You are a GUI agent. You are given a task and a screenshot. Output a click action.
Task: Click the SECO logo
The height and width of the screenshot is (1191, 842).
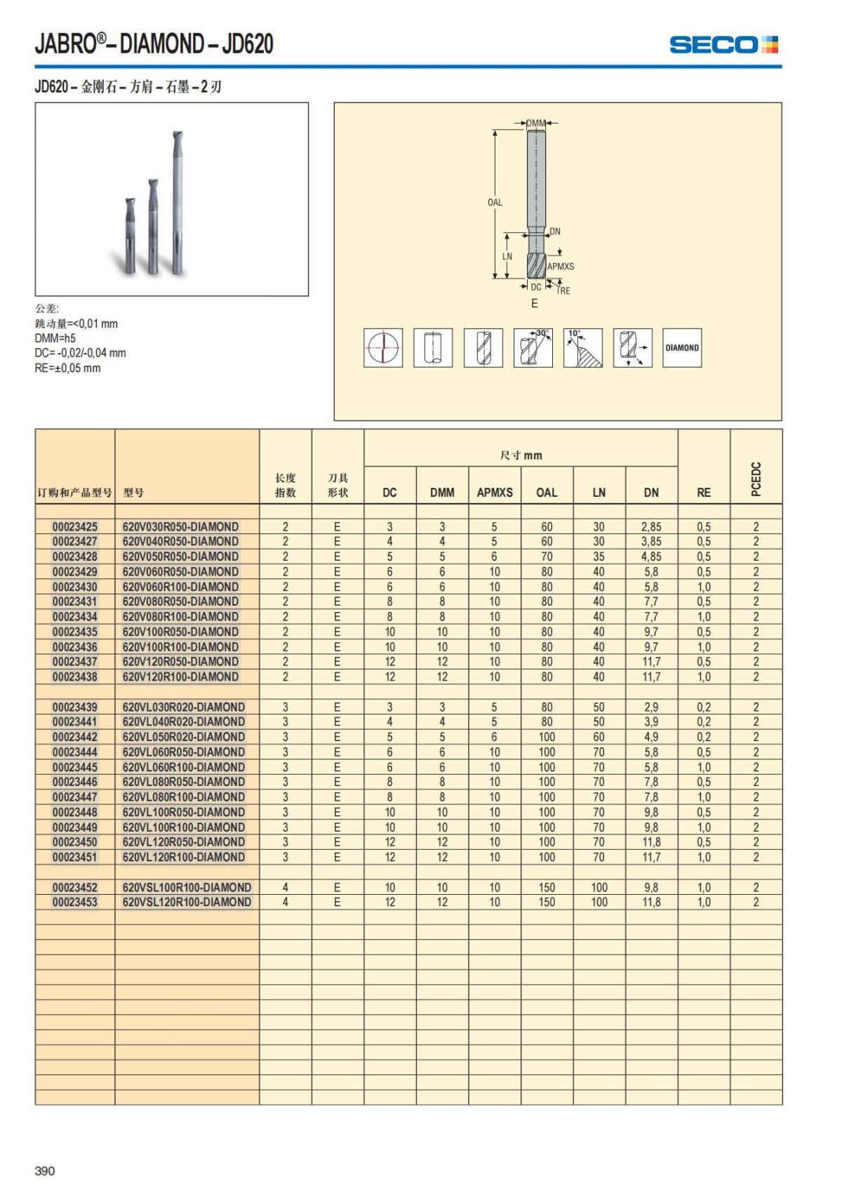723,45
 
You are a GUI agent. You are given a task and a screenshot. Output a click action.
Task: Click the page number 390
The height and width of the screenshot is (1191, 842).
45,1171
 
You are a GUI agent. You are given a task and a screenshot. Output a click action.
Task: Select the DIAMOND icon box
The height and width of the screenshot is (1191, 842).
681,347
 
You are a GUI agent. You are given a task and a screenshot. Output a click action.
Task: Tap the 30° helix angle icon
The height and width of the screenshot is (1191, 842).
533,347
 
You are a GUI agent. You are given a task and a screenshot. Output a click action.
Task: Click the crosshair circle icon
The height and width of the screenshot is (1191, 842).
383,347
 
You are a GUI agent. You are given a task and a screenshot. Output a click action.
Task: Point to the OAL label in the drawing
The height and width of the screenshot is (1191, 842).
495,203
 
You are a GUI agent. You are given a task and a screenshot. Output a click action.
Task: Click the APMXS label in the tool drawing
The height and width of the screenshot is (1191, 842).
561,267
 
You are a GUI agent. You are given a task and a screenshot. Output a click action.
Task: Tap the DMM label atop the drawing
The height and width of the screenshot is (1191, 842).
536,124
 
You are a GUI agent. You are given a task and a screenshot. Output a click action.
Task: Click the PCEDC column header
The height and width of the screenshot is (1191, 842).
756,479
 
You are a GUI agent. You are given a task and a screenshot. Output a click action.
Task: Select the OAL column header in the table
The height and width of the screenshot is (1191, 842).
547,493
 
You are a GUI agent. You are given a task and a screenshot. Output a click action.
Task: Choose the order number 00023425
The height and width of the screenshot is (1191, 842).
75,526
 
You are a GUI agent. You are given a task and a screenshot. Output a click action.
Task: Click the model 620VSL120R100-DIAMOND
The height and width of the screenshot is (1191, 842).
187,903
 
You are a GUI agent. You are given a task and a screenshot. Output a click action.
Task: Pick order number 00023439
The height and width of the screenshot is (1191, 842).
75,707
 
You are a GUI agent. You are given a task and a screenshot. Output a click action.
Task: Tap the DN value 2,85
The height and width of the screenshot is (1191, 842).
651,526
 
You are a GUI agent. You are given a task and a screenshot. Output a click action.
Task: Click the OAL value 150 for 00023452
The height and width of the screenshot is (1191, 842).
547,887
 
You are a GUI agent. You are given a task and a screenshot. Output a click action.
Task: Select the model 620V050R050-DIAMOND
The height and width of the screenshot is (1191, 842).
180,557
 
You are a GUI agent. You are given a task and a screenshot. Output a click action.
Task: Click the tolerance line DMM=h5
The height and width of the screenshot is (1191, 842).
55,338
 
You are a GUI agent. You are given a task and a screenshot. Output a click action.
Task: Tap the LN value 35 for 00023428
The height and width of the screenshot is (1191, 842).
599,557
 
